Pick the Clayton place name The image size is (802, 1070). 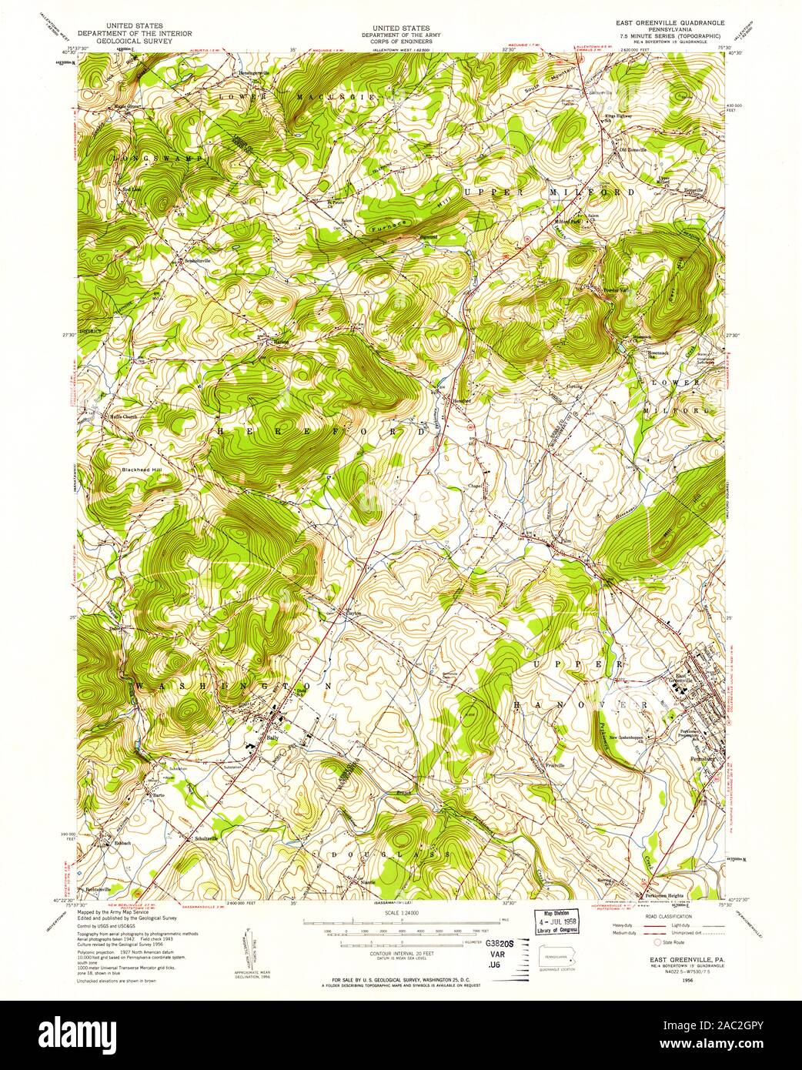353,614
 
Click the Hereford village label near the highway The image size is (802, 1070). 461,400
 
